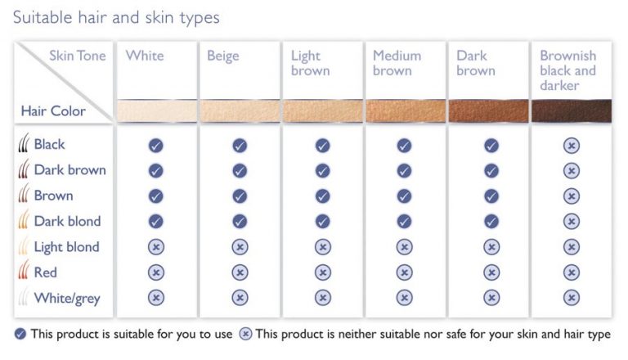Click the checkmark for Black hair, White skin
coord(156,145)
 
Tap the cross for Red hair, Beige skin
coord(240,272)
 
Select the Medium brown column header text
coord(397,63)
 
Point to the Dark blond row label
coord(67,221)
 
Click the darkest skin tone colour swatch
coord(571,111)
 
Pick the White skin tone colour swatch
coord(157,111)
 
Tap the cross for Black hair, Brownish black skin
coord(571,145)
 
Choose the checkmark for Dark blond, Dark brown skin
coord(491,221)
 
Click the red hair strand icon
coord(24,270)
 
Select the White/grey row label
coord(67,299)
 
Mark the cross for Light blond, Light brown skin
coord(322,247)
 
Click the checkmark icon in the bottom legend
coord(20,334)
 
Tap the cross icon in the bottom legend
coord(245,334)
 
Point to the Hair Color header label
coord(53,110)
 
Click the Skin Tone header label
coord(78,56)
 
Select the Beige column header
coord(222,56)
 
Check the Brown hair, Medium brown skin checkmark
coord(404,196)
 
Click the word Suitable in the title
coord(43,17)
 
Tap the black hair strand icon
coord(24,142)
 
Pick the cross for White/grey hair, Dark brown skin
coord(491,298)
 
